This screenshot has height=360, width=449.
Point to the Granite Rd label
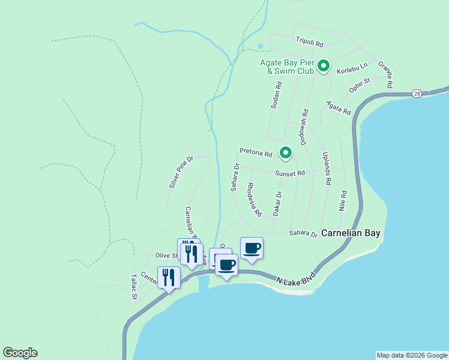(385, 75)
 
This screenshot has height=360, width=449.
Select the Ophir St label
(360, 85)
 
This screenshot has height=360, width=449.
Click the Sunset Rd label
(291, 173)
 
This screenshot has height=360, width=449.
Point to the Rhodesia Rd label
(255, 199)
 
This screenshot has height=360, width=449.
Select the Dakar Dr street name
(277, 204)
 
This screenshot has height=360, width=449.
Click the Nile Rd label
(343, 201)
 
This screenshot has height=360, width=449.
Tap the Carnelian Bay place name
(351, 233)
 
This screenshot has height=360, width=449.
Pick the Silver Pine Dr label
(181, 173)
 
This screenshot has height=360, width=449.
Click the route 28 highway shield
(417, 94)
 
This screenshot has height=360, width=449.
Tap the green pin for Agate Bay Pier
(324, 65)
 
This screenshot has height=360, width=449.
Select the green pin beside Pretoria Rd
(286, 153)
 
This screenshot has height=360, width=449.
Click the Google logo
(20, 353)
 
